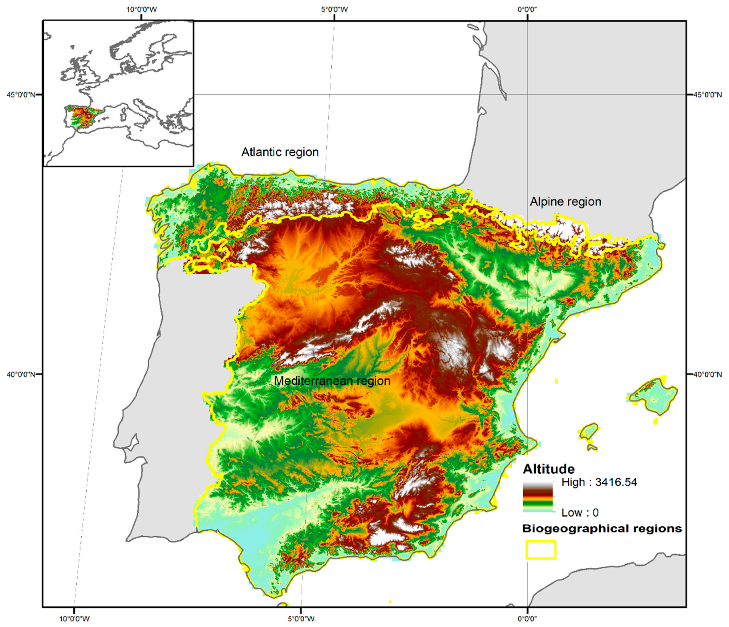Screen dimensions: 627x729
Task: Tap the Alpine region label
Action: click(x=565, y=202)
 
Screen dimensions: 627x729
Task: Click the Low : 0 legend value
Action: click(x=580, y=513)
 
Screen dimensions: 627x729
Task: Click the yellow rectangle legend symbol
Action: click(x=541, y=550)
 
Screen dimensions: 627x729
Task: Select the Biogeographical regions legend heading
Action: click(x=602, y=528)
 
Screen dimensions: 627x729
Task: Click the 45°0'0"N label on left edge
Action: click(x=21, y=95)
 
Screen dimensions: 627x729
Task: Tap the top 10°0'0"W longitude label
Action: click(x=142, y=10)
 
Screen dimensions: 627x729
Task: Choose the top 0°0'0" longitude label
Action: click(x=527, y=10)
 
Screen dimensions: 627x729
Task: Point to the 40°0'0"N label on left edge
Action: click(x=21, y=374)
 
